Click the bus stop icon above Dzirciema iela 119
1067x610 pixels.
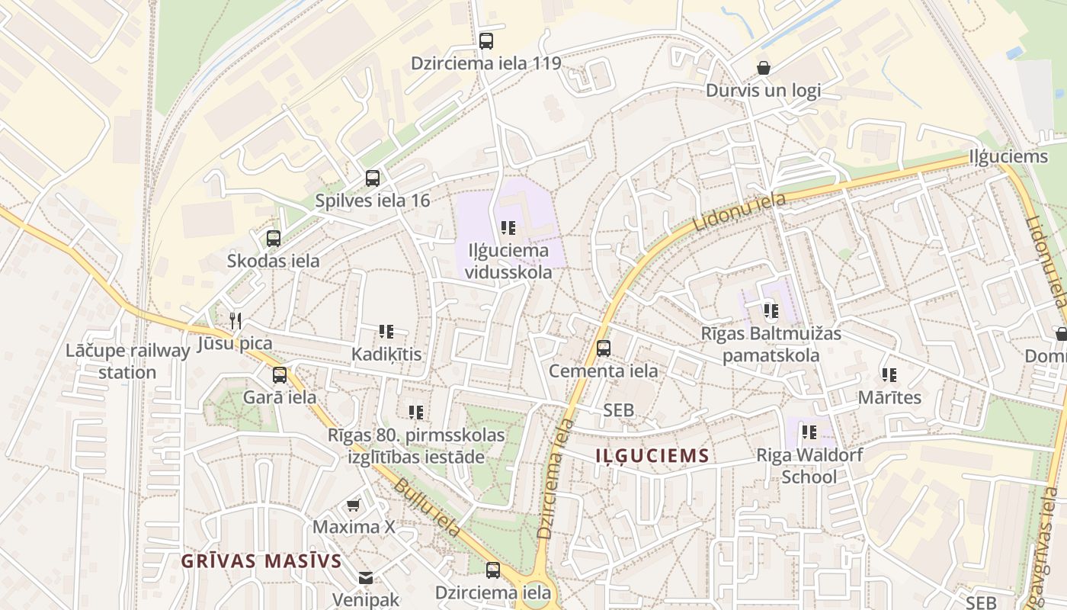click(x=486, y=41)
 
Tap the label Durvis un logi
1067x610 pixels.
click(x=763, y=90)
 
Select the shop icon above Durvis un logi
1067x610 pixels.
click(x=764, y=69)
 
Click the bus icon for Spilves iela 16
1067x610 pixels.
click(x=373, y=178)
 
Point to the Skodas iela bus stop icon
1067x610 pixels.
click(x=274, y=239)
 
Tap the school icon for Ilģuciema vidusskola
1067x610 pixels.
click(x=508, y=228)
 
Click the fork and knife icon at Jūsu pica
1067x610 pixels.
click(x=236, y=320)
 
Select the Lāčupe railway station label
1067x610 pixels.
click(x=127, y=361)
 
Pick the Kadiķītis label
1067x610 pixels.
click(x=386, y=355)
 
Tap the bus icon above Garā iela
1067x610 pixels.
click(x=280, y=375)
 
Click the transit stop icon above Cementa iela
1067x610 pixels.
click(x=604, y=348)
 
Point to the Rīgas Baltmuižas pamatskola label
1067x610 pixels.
click(x=771, y=345)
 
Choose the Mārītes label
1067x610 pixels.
click(x=889, y=397)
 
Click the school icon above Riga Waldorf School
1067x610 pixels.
click(x=809, y=432)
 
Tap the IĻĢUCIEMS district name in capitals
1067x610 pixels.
click(x=652, y=456)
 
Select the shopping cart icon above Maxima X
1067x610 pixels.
click(x=354, y=506)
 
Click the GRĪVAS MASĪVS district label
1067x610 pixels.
click(x=261, y=561)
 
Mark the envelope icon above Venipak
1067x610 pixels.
click(x=366, y=578)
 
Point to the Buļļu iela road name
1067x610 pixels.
click(x=427, y=507)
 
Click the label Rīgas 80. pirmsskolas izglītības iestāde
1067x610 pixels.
click(x=416, y=446)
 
